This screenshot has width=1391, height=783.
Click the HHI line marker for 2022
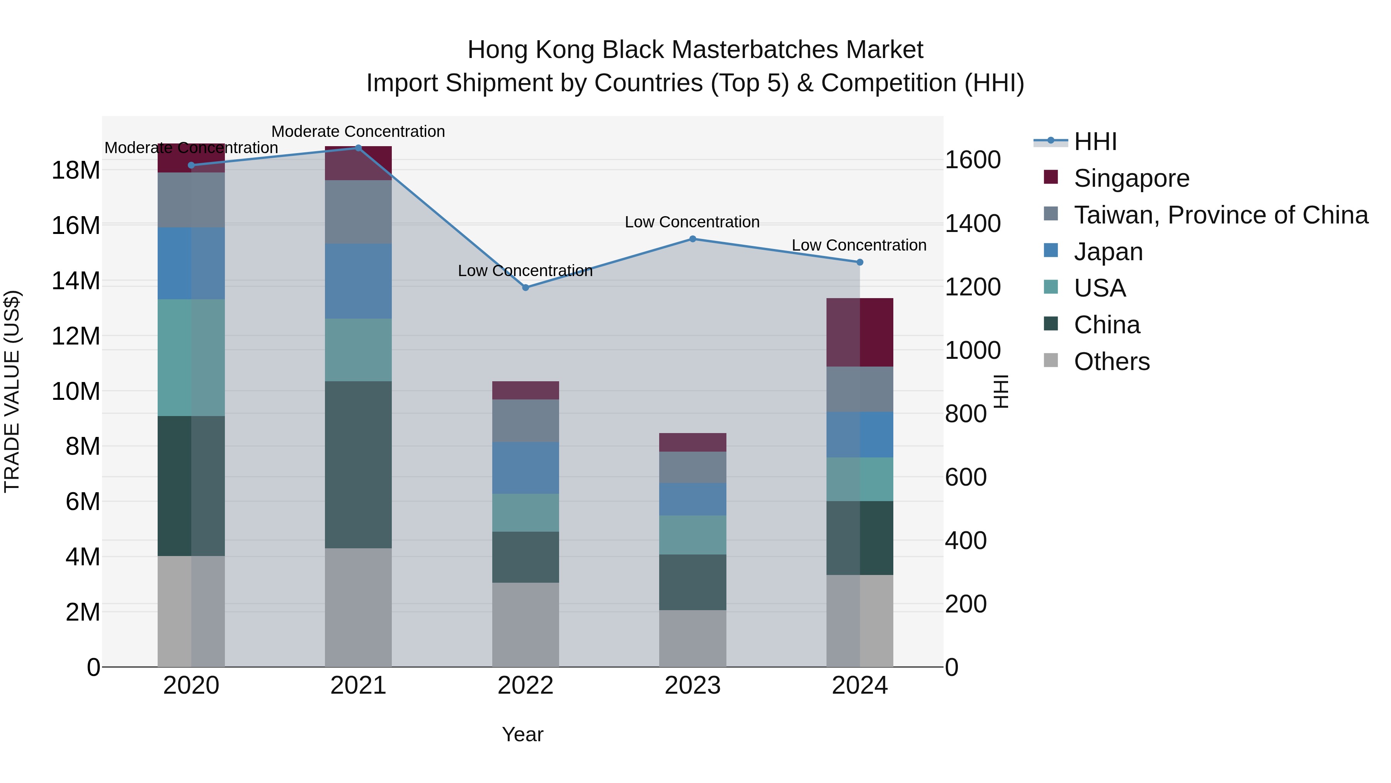[525, 287]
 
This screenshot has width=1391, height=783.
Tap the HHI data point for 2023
[692, 239]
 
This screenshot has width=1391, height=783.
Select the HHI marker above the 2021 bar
[358, 148]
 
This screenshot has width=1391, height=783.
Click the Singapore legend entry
[1131, 178]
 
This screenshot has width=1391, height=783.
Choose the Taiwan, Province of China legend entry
[1220, 215]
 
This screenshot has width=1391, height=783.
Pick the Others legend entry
[1111, 362]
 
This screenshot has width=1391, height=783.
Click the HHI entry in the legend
[1095, 142]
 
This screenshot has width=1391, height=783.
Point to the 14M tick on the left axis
[76, 281]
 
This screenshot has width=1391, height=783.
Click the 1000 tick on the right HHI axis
[972, 350]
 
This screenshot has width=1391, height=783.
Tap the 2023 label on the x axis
[692, 686]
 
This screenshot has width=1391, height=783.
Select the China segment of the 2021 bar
[358, 465]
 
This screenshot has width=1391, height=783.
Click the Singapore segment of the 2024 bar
[860, 332]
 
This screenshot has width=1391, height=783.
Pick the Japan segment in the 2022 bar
[525, 468]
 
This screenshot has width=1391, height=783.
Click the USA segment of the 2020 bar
[191, 358]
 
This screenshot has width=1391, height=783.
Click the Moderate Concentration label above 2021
[358, 131]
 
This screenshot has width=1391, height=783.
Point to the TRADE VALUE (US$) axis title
[12, 391]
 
